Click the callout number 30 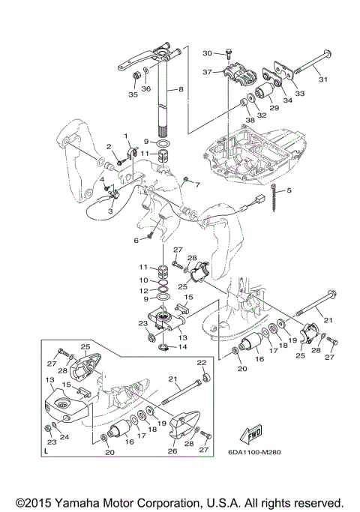(x=208, y=53)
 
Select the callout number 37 (x=208, y=72)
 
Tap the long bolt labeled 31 (x=310, y=62)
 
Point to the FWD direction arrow (x=250, y=434)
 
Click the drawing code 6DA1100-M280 (x=254, y=452)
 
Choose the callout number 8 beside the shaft (x=181, y=88)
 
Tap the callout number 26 (x=172, y=451)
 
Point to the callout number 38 (x=250, y=120)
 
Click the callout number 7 (x=197, y=185)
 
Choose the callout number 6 (x=136, y=241)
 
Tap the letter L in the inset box (x=46, y=451)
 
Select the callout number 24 (x=64, y=436)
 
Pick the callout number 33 (x=299, y=94)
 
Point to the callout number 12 (x=144, y=291)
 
